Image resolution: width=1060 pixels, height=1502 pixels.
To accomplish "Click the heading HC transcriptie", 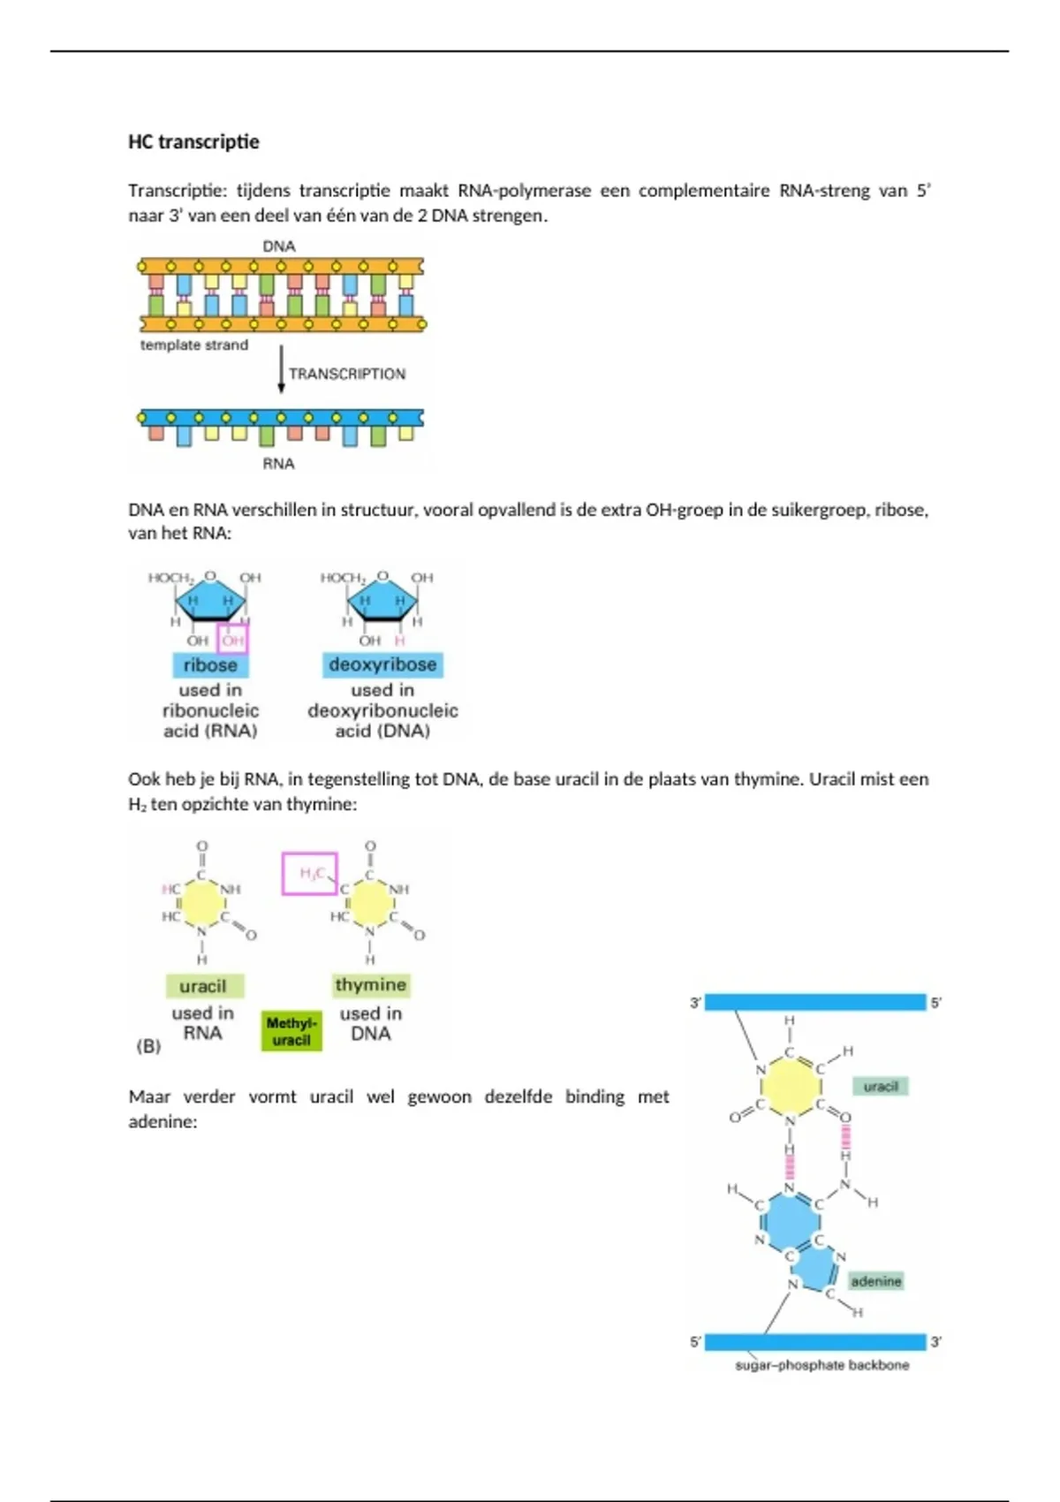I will click(193, 142).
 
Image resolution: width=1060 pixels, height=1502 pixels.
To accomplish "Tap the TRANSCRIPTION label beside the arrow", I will click(347, 374).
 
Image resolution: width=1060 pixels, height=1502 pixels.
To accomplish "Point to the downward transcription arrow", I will click(282, 368).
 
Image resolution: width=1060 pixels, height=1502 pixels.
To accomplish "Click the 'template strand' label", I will click(193, 345).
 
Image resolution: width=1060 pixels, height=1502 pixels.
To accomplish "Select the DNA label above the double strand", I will click(279, 247).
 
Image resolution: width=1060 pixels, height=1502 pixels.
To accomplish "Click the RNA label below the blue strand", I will click(278, 464).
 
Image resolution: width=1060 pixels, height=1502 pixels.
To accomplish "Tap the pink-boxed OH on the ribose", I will click(232, 640).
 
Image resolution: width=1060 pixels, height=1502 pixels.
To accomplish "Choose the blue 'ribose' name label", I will click(210, 665).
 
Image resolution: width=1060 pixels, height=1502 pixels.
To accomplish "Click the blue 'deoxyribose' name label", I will click(382, 664).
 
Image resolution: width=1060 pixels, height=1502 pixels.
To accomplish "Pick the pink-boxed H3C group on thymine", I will click(309, 874).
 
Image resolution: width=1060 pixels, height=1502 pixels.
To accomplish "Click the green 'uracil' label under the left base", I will click(203, 986).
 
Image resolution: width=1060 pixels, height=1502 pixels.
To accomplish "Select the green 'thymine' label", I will click(371, 985).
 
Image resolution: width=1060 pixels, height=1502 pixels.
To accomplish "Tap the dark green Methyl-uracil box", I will click(291, 1031).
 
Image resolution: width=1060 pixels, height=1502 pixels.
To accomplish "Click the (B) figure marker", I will click(148, 1046).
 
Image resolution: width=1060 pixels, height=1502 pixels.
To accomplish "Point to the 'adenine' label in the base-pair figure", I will click(876, 1281).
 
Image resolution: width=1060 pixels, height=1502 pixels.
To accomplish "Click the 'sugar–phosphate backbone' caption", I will click(821, 1365).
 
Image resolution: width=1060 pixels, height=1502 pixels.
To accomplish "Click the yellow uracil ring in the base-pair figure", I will click(791, 1086).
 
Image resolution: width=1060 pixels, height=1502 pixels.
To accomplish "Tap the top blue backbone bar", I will click(814, 1002).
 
